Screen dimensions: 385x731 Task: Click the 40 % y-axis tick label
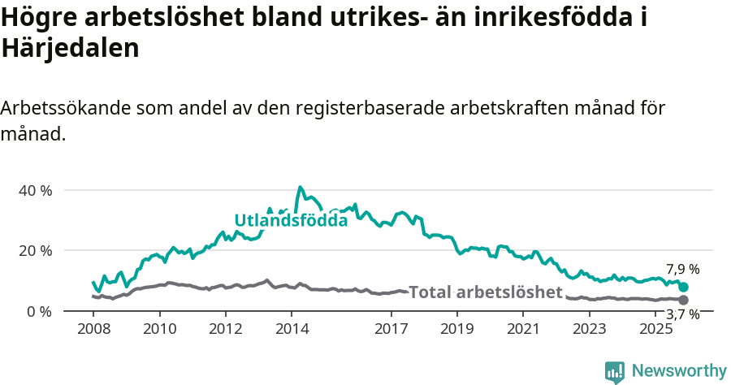coord(34,190)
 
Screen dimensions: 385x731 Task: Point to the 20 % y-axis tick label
coord(34,250)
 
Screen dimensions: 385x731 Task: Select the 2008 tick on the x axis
coord(93,328)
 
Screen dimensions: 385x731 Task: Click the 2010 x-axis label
coord(159,328)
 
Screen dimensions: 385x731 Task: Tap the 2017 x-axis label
coord(391,328)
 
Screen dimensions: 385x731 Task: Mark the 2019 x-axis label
coord(457,328)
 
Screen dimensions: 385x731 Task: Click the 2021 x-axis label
coord(524,328)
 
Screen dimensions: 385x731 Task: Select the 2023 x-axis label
coord(590,328)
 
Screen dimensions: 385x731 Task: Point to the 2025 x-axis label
coord(655,328)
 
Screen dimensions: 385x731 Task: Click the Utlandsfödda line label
coord(291,220)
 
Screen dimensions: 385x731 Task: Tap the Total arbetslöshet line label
coord(485,292)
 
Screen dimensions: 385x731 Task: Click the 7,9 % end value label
coord(682,270)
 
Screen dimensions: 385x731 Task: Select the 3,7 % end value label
coord(682,314)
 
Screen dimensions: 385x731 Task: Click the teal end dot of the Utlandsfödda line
coord(683,287)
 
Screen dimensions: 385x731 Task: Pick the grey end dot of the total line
coord(683,300)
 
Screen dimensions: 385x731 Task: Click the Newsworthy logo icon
coord(615,371)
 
